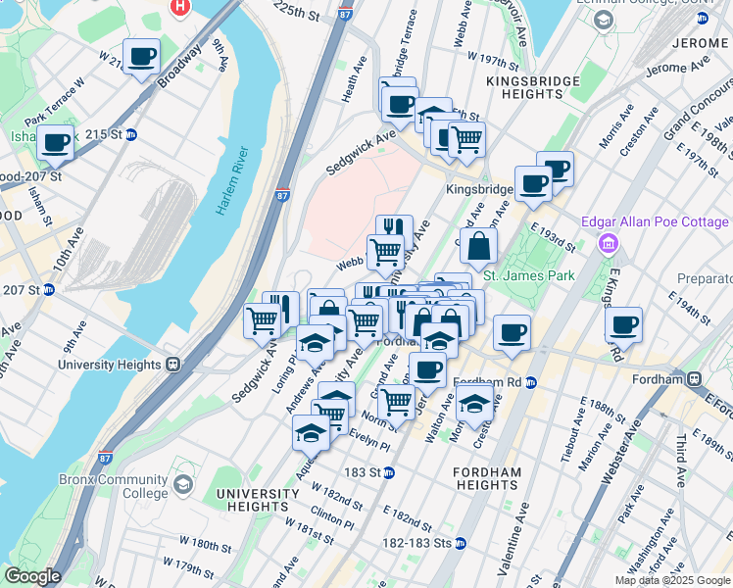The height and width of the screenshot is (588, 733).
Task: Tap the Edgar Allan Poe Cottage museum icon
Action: [609, 242]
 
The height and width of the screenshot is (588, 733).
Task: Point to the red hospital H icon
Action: [180, 7]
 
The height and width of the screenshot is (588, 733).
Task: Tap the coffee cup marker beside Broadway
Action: [142, 57]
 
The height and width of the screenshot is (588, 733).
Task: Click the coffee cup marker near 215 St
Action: [55, 143]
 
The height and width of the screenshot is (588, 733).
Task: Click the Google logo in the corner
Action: [32, 576]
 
